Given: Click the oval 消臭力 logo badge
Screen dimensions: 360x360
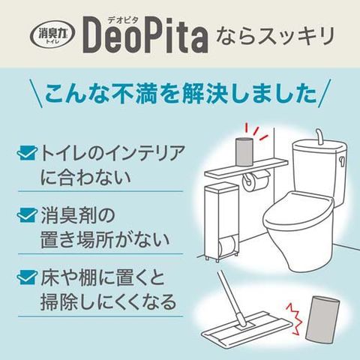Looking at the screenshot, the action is pyautogui.click(x=52, y=34).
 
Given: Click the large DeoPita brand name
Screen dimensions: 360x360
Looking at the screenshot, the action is pyautogui.click(x=145, y=35).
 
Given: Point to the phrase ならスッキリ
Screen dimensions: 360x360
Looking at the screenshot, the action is pyautogui.click(x=274, y=36).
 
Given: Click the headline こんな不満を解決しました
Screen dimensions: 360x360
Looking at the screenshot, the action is pyautogui.click(x=181, y=93).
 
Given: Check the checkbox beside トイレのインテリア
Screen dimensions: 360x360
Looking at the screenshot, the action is pyautogui.click(x=26, y=153).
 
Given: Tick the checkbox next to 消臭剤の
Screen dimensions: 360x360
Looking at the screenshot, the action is pyautogui.click(x=26, y=215).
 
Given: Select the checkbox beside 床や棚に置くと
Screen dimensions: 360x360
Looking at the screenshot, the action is pyautogui.click(x=26, y=277).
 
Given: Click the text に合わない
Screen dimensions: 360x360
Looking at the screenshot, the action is pyautogui.click(x=85, y=177).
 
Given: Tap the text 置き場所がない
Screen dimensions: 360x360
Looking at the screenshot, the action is pyautogui.click(x=105, y=239).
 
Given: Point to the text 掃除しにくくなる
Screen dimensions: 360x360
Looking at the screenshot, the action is pyautogui.click(x=109, y=301).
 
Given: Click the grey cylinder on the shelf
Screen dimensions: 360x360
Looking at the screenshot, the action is pyautogui.click(x=244, y=151).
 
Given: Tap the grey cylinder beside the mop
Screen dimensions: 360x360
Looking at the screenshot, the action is pyautogui.click(x=322, y=318).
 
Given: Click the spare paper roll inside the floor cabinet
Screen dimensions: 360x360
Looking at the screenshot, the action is pyautogui.click(x=227, y=244).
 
